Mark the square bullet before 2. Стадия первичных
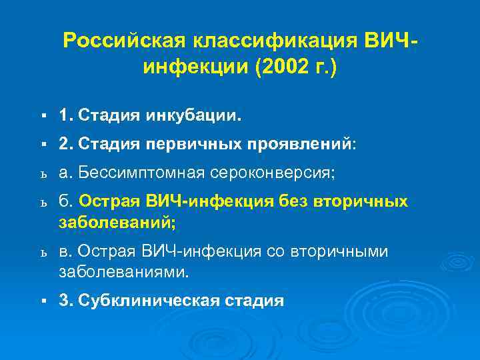[x=42, y=144]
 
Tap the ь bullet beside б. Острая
[x=42, y=203]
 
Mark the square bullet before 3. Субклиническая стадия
[x=42, y=301]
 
